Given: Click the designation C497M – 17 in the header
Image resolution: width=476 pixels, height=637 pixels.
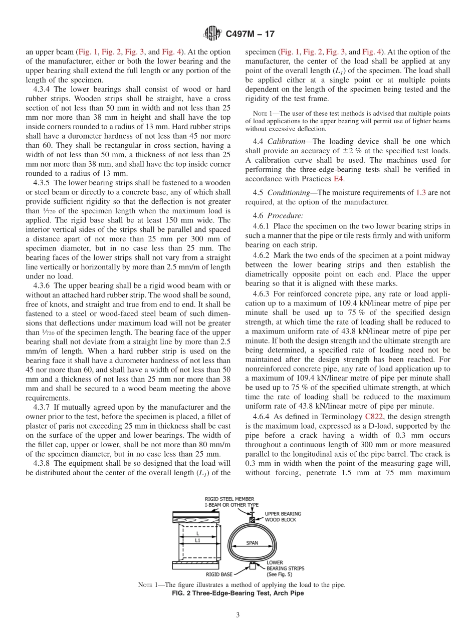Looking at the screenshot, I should (250, 34).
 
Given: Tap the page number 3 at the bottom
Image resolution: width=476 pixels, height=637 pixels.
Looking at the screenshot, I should (238, 615).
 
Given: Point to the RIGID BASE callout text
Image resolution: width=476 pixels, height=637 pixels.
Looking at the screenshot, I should (219, 574).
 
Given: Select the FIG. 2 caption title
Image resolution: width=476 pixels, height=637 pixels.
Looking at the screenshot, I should (237, 593).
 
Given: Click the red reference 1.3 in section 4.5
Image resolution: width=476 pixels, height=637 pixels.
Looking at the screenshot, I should (420, 192).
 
